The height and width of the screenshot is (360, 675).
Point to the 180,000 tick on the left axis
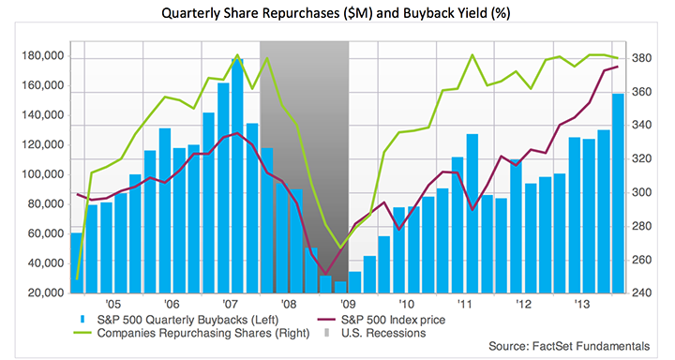42,56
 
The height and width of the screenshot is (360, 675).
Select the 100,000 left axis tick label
42,174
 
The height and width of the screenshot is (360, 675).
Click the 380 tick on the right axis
641,58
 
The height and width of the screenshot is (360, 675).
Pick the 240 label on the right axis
641,292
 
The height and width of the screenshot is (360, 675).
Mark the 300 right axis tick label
641,192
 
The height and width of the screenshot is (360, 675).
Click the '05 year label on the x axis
112,305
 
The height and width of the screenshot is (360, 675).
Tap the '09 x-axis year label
348,305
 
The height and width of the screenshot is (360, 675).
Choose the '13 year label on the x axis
582,305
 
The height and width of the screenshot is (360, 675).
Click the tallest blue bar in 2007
237,175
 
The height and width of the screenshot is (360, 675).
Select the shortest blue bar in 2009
340,287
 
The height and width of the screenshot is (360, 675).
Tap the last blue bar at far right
618,193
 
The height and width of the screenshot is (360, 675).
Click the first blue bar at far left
76,263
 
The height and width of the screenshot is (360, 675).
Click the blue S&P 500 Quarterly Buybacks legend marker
83,320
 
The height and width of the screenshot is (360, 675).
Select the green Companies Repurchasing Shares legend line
83,333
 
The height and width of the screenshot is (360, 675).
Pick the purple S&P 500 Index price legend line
327,320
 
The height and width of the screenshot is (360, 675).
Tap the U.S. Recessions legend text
383,333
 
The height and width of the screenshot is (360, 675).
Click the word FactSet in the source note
552,346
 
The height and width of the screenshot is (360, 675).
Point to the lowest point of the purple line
326,275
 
